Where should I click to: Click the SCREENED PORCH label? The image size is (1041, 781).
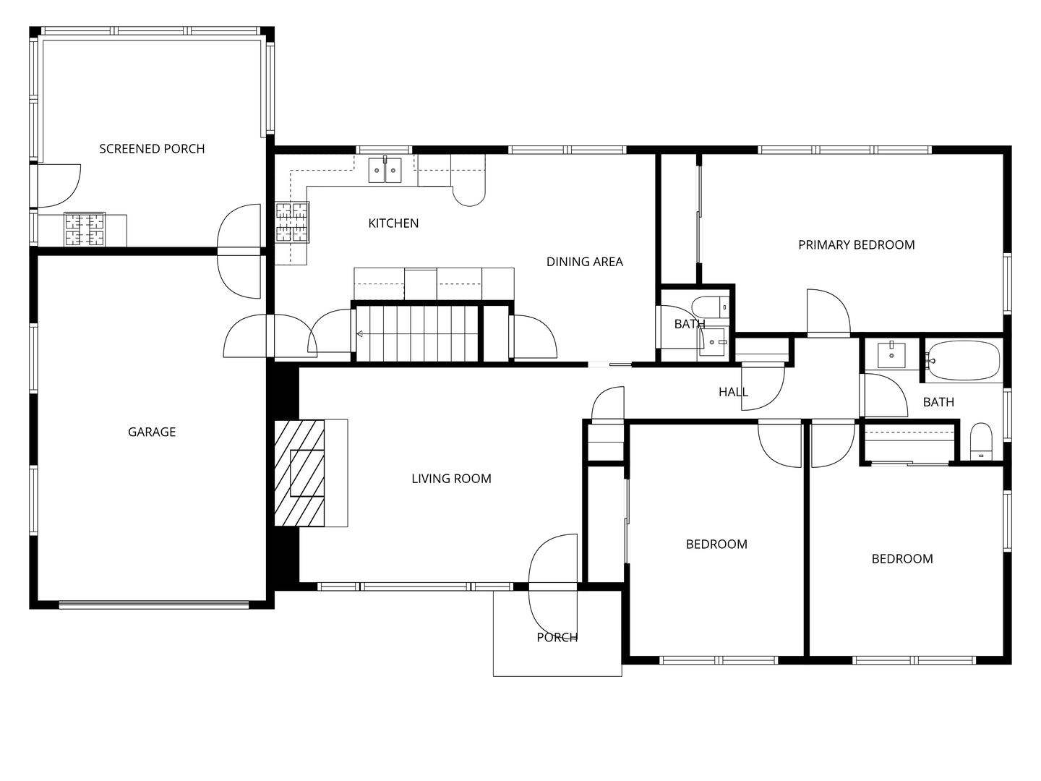click(152, 149)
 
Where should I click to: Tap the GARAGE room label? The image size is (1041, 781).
click(152, 432)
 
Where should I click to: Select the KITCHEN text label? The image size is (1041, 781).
click(393, 223)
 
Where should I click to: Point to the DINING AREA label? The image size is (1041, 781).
click(584, 262)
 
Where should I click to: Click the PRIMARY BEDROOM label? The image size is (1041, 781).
click(856, 245)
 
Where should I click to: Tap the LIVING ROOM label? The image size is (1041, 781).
click(451, 479)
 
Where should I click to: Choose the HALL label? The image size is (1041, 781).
click(733, 392)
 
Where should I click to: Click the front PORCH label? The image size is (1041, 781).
click(557, 638)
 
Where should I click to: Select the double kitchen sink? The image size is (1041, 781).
click(385, 170)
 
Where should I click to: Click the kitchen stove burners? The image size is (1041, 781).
click(292, 223)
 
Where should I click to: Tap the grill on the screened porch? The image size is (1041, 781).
click(85, 229)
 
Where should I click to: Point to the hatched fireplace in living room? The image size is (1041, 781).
click(299, 473)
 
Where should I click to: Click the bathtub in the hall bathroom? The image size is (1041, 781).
click(962, 360)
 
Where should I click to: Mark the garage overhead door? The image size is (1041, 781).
click(154, 605)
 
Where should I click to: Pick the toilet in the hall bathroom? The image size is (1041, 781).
click(981, 441)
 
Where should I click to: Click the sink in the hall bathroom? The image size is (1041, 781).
click(891, 355)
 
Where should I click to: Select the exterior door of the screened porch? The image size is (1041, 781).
click(59, 186)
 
